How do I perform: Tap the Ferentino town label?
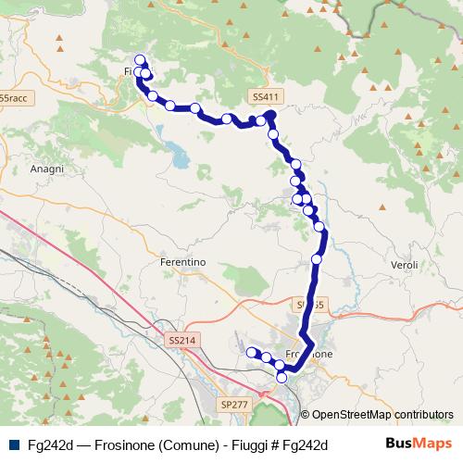pyautogui.click(x=182, y=262)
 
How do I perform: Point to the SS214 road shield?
pyautogui.click(x=182, y=341)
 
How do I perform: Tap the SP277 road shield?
pyautogui.click(x=235, y=405)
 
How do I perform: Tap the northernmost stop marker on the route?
pyautogui.click(x=140, y=59)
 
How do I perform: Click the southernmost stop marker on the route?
pyautogui.click(x=282, y=377)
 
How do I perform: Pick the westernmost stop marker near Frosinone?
pyautogui.click(x=250, y=351)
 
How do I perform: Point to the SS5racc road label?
pyautogui.click(x=14, y=97)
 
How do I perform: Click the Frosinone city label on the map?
pyautogui.click(x=311, y=355)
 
